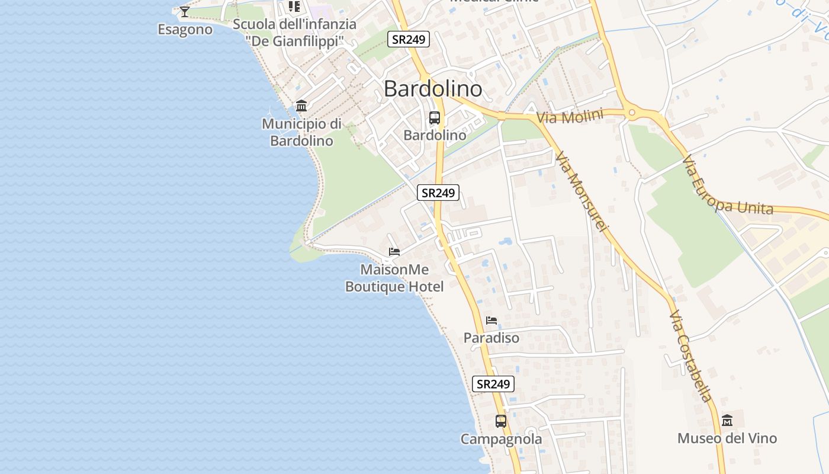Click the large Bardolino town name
[433, 89]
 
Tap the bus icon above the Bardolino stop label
[435, 118]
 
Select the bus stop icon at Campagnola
[501, 421]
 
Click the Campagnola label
[501, 439]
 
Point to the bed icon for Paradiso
[491, 321]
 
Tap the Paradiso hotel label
[491, 338]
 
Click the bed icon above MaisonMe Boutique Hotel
[394, 252]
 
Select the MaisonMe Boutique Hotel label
[394, 278]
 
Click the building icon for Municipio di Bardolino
[301, 106]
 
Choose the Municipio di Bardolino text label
[301, 132]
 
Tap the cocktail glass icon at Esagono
[185, 11]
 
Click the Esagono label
[185, 29]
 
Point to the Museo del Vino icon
[727, 421]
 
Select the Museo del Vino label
[727, 438]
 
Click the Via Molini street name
[570, 117]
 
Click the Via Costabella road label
[690, 355]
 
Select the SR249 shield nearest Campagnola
[493, 384]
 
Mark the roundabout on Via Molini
[632, 112]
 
